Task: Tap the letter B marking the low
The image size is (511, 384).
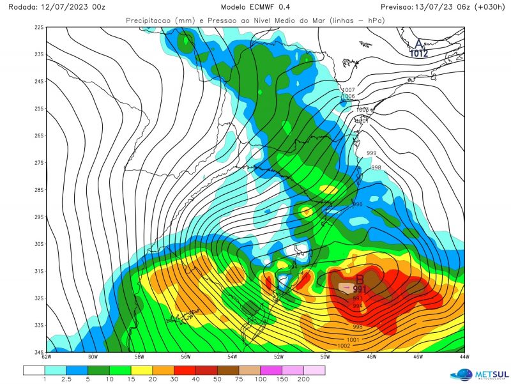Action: pos(360,279)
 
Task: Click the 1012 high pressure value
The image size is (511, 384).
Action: pos(419,54)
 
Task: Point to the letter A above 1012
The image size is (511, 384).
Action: pos(419,43)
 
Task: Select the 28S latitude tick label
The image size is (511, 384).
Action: pos(39,190)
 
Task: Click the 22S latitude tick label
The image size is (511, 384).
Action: pos(39,27)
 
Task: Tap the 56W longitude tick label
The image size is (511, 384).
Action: pos(186,357)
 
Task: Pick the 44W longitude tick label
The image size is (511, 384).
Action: pos(464,357)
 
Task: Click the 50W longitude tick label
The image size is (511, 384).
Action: pos(325,357)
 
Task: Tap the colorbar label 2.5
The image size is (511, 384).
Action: pos(66,380)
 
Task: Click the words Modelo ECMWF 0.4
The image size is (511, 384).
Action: pos(255,7)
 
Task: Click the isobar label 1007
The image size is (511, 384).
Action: pos(349,90)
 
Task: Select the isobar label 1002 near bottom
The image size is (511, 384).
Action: pos(343,346)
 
